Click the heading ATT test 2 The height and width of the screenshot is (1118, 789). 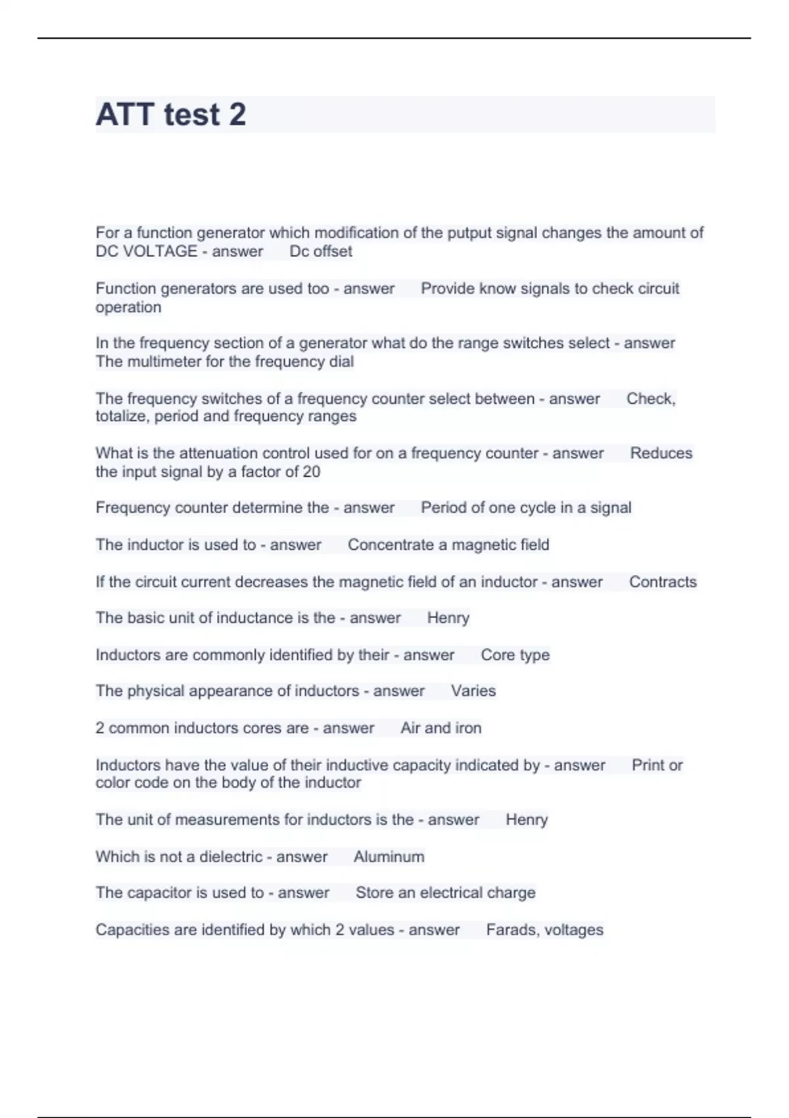171,114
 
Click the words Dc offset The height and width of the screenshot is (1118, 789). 321,251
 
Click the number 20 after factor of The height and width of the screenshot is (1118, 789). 312,472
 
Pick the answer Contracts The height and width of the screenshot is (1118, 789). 663,582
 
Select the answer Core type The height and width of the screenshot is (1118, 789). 515,655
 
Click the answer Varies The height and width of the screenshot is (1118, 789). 473,691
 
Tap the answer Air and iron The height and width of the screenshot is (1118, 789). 441,728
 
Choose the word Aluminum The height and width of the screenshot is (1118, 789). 389,857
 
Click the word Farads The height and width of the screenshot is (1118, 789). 509,930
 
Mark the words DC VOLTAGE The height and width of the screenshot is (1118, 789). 147,251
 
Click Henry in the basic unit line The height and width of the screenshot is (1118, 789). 448,618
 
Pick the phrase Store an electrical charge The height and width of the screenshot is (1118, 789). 445,893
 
